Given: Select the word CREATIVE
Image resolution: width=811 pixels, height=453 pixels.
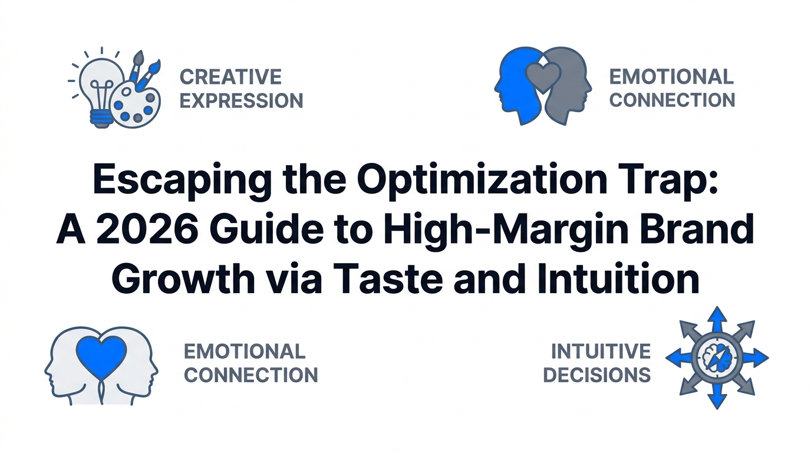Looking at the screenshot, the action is click(230, 77).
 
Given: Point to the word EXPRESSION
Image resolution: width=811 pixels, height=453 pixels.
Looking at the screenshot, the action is click(242, 100).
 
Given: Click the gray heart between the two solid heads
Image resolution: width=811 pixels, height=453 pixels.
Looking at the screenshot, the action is click(543, 77).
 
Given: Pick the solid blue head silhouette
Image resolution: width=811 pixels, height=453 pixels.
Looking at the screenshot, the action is click(517, 86).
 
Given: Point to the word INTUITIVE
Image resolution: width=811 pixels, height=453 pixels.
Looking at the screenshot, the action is click(601, 351).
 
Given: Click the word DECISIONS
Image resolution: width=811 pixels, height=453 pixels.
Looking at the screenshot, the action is click(597, 375).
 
